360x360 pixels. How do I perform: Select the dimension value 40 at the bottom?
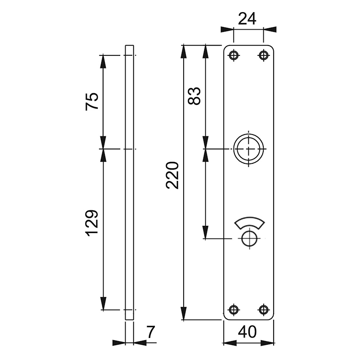[248, 332]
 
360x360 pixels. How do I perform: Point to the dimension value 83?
[194, 96]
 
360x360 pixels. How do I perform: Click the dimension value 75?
[92, 101]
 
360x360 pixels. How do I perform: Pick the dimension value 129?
[92, 222]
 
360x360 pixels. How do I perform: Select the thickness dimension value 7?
[150, 333]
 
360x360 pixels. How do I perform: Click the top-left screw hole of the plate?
[233, 55]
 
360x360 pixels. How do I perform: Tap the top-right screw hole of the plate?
[263, 55]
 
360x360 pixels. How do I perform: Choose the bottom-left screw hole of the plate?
[233, 310]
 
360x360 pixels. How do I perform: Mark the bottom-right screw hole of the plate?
[263, 310]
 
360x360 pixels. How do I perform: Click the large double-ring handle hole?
[248, 148]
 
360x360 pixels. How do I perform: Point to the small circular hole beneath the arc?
[248, 239]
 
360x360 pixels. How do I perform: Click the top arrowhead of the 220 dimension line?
[184, 50]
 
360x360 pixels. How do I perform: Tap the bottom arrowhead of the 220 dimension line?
[184, 314]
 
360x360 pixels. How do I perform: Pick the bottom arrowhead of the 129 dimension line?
[103, 304]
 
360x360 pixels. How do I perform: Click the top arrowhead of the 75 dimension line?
[103, 60]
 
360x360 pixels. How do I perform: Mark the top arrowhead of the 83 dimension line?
[206, 50]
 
